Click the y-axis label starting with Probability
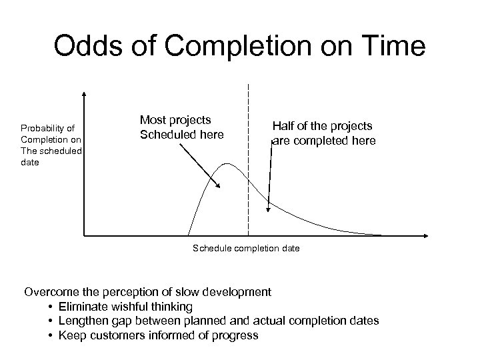click(x=51, y=145)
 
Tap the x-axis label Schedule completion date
click(x=246, y=248)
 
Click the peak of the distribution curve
click(x=228, y=163)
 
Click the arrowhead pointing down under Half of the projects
click(x=269, y=209)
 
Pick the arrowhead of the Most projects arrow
click(x=218, y=187)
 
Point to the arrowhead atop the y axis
click(x=85, y=94)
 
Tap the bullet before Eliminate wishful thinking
click(x=51, y=307)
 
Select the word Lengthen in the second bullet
click(x=84, y=321)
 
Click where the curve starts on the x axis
click(x=189, y=235)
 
